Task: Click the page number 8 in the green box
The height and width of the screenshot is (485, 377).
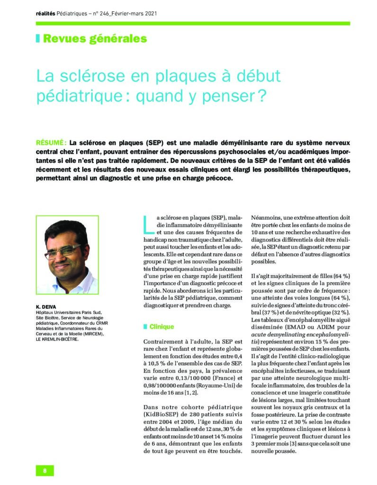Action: coord(45,470)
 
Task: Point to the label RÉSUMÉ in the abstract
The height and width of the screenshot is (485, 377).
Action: coord(51,143)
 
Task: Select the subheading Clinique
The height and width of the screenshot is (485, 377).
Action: coord(162,327)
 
